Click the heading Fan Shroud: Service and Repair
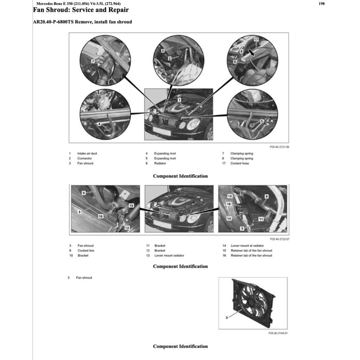81,10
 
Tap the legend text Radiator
160,163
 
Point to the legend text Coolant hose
239,163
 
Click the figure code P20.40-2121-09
279,147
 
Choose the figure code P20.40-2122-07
279,239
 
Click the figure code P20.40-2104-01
278,333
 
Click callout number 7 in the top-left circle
92,61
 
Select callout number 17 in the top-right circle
256,40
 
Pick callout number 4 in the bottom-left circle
99,124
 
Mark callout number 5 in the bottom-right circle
262,121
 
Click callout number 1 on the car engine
179,100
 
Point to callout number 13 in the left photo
127,228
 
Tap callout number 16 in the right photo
229,204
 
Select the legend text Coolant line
86,251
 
